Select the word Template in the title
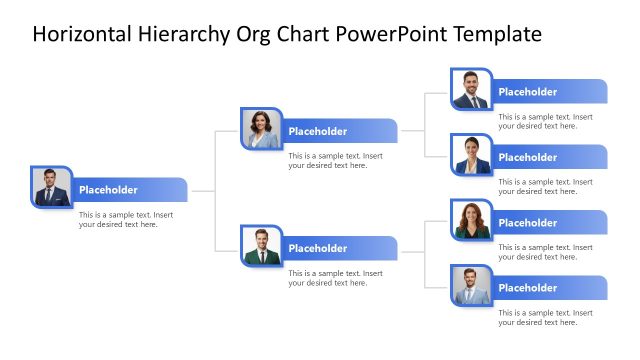coord(497,34)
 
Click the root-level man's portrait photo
coord(50,188)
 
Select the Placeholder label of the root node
coord(108,190)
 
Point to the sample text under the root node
coord(126,219)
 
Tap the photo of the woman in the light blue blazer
coord(261,129)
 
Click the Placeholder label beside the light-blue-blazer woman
coord(318,131)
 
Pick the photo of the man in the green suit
coord(261,246)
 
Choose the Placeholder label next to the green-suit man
coord(318,248)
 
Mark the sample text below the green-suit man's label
coord(336,277)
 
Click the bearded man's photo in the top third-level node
coord(471,90)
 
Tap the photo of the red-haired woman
coord(471,221)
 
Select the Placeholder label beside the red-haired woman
coord(528,223)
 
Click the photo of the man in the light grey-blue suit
coord(471,286)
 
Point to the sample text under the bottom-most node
coord(546,317)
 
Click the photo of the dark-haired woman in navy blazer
coord(471,155)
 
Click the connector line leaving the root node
coord(203,190)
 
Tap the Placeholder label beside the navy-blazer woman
coord(528,157)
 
